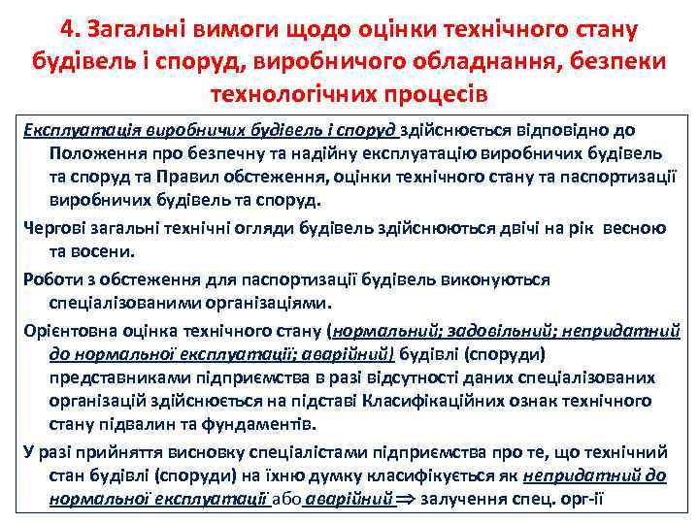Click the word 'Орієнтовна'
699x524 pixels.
click(x=72, y=329)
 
